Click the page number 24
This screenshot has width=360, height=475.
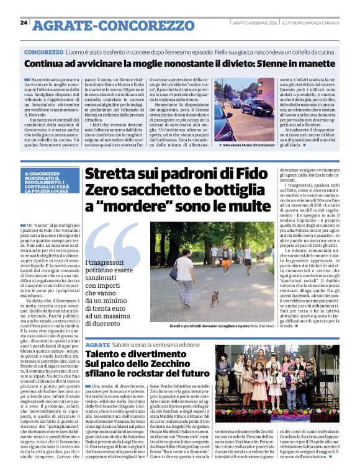point(24,23)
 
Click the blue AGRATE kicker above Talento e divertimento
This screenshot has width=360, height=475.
point(98,344)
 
